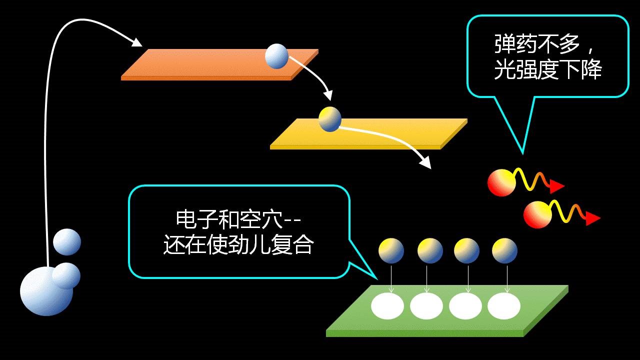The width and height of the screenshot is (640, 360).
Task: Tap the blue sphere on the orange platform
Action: point(276,56)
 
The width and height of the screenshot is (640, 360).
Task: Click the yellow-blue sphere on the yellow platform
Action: point(330,119)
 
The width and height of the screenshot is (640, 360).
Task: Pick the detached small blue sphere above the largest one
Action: point(67,242)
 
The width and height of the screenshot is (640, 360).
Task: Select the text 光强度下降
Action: point(547,70)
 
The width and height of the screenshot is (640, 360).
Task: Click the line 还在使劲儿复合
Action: point(238,245)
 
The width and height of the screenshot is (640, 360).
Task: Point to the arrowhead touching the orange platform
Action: point(136,42)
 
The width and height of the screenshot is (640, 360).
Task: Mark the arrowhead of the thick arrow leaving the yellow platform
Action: point(425,163)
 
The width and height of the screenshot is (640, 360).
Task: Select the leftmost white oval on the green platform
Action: point(387,306)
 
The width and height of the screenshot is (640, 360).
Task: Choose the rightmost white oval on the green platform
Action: point(504,306)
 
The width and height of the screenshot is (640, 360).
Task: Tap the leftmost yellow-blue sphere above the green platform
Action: point(391,250)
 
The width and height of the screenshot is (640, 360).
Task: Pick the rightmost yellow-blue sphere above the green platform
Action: point(504,250)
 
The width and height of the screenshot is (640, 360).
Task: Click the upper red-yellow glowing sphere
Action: point(501,182)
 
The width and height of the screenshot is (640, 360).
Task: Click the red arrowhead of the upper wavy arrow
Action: point(557,186)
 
